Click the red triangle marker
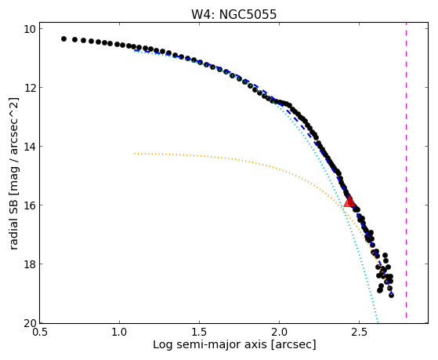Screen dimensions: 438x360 point(349,202)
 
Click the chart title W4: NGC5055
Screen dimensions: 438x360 point(233,15)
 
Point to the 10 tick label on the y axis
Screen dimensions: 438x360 point(29,29)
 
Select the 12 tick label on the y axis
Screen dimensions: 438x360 point(29,88)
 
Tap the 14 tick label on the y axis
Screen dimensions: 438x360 point(29,147)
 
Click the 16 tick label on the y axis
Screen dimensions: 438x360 point(29,205)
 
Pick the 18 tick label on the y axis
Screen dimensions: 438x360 point(29,264)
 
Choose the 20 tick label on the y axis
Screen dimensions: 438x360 point(29,323)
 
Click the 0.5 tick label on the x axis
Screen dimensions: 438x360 point(40,333)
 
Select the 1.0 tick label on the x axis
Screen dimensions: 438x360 point(120,333)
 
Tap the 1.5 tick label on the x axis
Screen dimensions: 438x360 point(200,333)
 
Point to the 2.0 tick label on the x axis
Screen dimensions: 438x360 point(280,333)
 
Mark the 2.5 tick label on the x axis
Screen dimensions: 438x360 point(359,333)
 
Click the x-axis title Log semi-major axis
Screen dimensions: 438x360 point(210,345)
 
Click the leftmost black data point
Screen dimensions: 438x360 point(63,38)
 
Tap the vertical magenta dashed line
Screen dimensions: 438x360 point(406,170)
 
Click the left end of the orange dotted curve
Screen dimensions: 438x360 point(135,153)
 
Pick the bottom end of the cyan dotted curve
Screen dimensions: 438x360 point(378,321)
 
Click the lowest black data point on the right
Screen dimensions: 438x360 point(391,295)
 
